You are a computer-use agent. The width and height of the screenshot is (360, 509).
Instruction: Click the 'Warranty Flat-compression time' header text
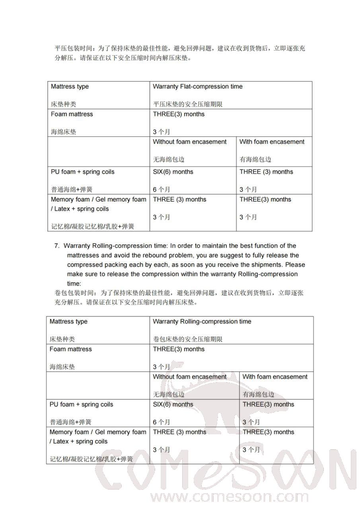point(197,87)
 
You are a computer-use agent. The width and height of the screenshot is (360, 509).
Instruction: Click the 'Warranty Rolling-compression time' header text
point(202,322)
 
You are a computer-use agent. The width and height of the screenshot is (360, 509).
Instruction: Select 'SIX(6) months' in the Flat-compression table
point(173,172)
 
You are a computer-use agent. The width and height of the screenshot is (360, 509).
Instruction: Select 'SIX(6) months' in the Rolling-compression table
point(173,405)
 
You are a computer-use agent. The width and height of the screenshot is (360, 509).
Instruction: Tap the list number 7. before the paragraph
point(57,246)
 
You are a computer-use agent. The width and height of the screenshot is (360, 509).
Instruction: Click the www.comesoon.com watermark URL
point(216,497)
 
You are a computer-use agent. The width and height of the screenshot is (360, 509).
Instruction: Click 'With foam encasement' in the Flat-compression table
point(272,142)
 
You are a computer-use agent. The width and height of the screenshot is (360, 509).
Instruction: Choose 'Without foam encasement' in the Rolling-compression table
point(190,377)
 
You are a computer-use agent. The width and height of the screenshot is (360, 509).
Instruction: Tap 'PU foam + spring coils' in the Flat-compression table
point(82,172)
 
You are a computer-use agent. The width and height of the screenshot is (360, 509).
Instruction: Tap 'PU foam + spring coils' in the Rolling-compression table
point(81,405)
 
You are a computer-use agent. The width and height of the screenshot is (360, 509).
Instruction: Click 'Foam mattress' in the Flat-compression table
point(72,115)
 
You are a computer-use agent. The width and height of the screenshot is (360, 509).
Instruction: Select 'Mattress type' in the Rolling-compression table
point(68,322)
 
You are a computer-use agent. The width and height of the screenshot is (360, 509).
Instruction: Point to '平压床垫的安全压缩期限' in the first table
point(187,105)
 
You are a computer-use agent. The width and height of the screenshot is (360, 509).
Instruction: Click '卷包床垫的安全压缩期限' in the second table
point(187,340)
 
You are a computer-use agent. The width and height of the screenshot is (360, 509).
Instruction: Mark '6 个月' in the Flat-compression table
point(162,190)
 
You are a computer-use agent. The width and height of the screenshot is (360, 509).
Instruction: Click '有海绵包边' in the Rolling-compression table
point(258,394)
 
